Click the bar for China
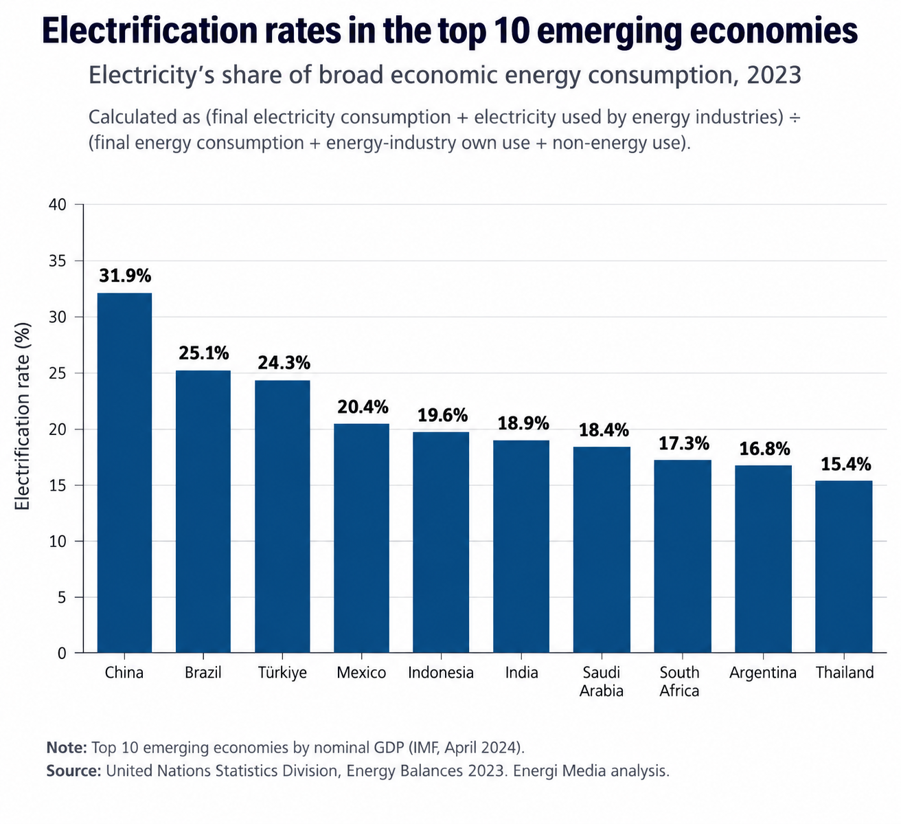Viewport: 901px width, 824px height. coord(124,472)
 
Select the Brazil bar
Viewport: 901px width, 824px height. coord(203,511)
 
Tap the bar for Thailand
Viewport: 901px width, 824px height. coord(843,566)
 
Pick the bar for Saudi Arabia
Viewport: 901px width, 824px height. coord(602,550)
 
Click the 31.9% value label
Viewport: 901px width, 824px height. coord(125,276)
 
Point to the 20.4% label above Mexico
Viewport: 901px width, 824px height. coord(363,407)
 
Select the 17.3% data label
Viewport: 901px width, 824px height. coord(683,444)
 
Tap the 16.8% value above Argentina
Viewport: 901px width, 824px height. coord(764,449)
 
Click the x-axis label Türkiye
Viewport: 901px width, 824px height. coord(282,673)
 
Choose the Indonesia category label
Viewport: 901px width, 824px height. coord(441,673)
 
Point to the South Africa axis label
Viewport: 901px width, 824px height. coord(679,682)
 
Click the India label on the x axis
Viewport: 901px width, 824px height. coord(521,673)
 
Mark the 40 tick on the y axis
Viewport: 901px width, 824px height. coord(57,205)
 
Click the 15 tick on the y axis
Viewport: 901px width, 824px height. coord(57,486)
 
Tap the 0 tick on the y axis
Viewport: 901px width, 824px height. coord(62,653)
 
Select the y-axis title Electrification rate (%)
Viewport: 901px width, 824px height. coord(21,416)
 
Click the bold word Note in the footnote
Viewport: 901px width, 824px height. coord(67,748)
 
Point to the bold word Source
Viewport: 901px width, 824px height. coord(74,771)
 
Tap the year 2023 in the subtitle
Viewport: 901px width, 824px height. coord(774,75)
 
